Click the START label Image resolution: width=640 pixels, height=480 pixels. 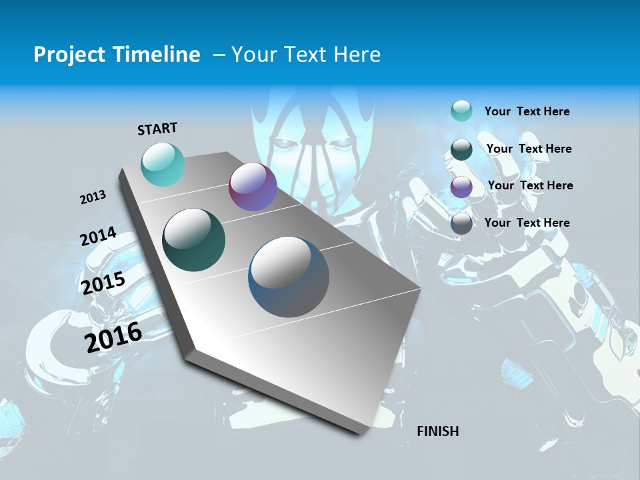click(157, 129)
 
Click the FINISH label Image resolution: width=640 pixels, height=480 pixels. click(437, 431)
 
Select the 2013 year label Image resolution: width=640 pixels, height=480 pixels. click(93, 197)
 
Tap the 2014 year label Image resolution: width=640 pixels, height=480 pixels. click(98, 237)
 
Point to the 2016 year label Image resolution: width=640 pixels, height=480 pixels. click(113, 337)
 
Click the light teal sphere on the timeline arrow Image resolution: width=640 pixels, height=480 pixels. click(163, 164)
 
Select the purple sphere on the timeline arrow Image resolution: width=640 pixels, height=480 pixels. click(253, 187)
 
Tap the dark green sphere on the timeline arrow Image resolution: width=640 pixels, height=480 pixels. click(193, 240)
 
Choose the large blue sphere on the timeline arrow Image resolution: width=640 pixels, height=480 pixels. click(289, 277)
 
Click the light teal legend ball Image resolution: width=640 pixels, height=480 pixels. click(461, 111)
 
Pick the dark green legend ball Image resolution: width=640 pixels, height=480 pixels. click(461, 149)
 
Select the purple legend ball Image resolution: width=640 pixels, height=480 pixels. click(461, 187)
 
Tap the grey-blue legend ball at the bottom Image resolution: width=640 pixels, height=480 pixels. click(461, 223)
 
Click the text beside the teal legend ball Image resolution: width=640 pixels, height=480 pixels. click(527, 111)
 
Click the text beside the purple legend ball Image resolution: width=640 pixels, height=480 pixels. click(530, 185)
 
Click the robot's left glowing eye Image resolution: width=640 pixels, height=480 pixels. click(285, 143)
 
